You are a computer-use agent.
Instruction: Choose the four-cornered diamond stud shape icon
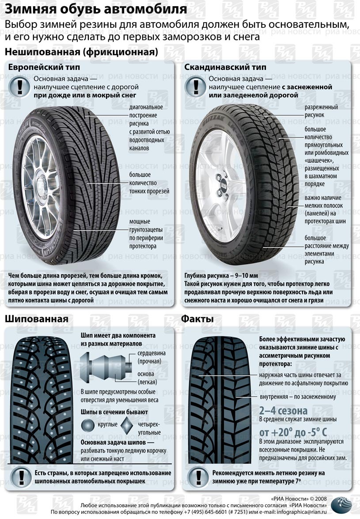click(127, 425)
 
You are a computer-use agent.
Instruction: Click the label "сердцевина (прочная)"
click(149, 357)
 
